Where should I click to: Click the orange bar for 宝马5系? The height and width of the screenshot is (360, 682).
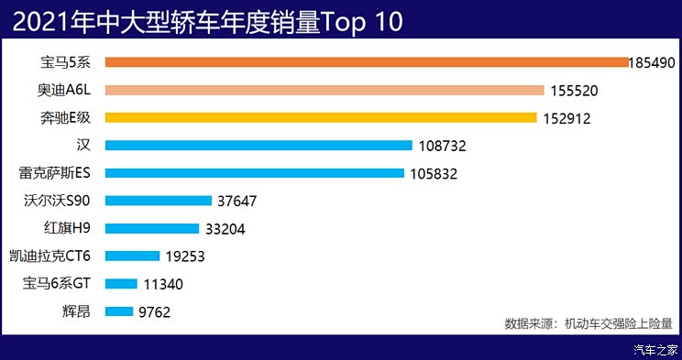coord(367,62)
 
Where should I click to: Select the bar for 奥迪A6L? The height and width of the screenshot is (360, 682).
coord(324,90)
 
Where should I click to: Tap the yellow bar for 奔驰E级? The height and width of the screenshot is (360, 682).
coord(321,117)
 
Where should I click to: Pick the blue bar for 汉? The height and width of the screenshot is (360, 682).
coord(258,145)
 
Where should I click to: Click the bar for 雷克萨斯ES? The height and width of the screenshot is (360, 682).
coord(255,173)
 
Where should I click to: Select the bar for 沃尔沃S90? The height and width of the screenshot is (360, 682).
coord(147,201)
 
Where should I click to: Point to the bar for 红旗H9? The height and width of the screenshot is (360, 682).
coord(151,228)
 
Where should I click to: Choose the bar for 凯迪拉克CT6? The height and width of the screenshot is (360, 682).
coord(133,256)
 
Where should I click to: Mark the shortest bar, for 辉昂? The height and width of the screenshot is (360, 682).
coord(119,311)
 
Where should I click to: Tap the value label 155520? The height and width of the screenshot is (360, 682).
coord(574,91)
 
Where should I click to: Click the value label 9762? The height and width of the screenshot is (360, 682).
coord(154,312)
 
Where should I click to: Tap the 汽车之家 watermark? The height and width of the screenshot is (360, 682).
coord(655,350)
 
